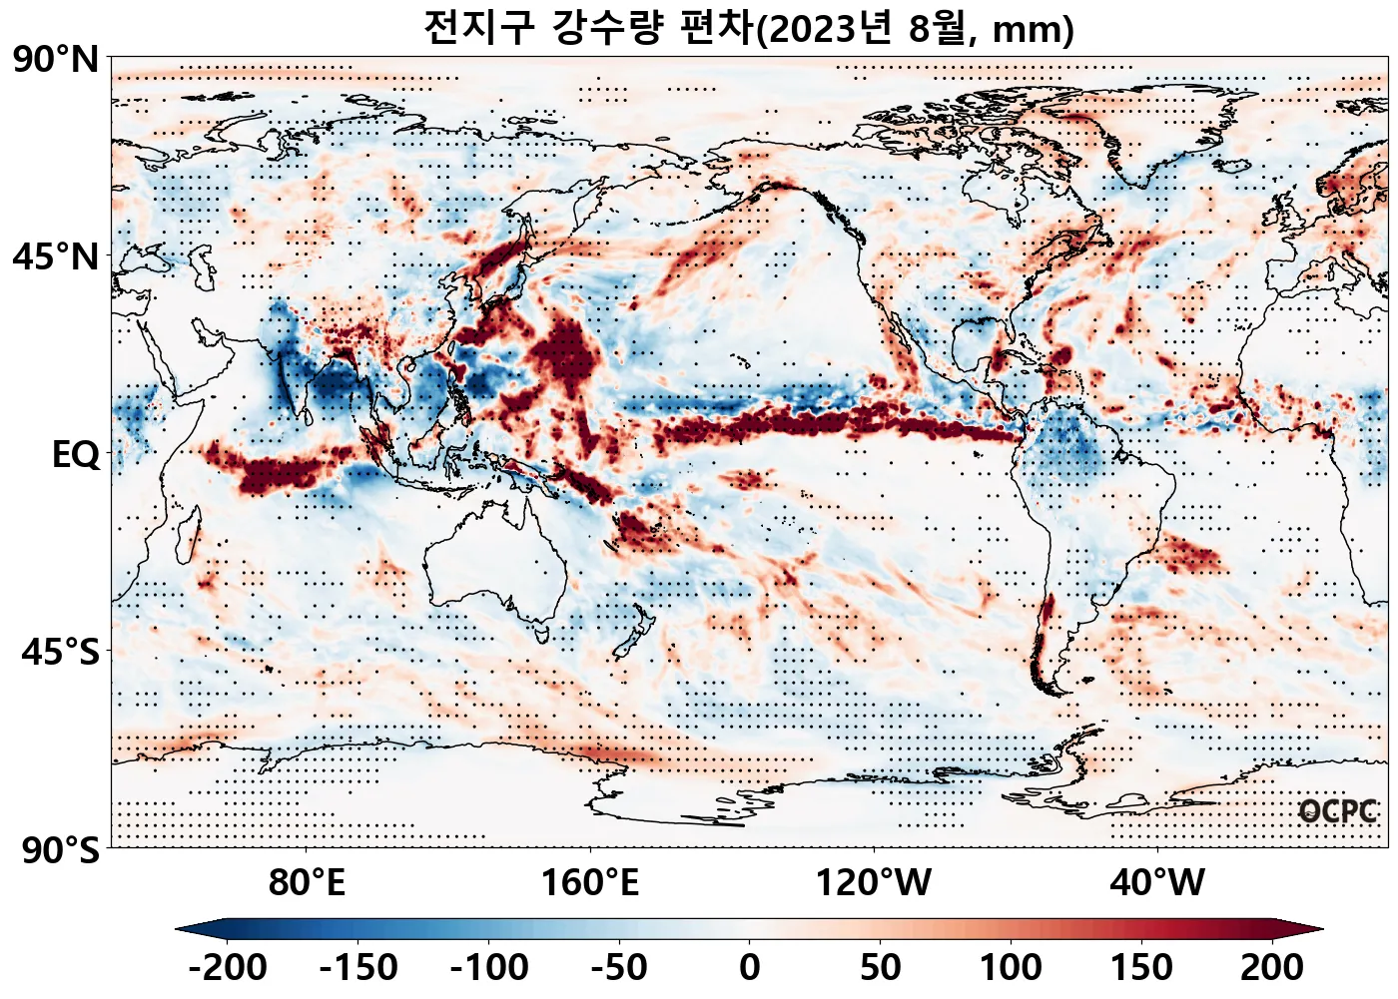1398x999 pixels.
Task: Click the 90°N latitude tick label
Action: [56, 60]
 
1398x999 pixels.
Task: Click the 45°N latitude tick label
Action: [56, 257]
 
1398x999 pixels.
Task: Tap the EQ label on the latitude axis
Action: [76, 455]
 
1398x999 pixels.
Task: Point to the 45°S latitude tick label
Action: [60, 653]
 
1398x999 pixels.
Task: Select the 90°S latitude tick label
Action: [60, 851]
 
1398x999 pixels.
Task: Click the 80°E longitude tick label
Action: [307, 883]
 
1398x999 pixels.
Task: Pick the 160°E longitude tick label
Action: [589, 883]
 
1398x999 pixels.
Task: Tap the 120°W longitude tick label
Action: [874, 883]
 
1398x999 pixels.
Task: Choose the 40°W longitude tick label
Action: [1157, 883]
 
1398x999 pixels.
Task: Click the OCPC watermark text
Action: [1338, 812]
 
